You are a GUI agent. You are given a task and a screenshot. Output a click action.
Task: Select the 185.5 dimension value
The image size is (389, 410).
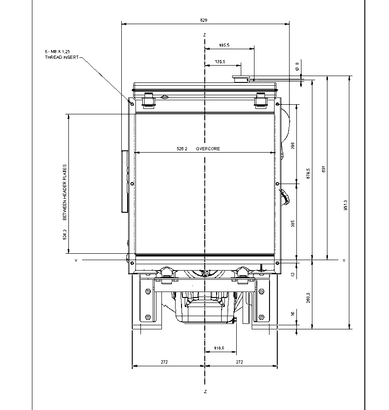coord(224,45)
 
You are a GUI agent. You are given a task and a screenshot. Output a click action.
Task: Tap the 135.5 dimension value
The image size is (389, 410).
coord(220,61)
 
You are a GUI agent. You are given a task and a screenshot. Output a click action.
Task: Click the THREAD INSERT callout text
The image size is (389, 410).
coord(62,57)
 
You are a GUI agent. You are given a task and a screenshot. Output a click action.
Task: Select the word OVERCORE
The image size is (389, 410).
coord(208,149)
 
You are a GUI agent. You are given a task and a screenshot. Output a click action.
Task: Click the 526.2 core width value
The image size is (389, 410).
coord(182,149)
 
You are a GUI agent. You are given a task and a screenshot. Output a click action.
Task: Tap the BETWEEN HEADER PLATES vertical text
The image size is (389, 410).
coord(65,192)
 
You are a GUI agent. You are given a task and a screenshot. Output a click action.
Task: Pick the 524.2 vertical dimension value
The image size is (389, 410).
coord(65,235)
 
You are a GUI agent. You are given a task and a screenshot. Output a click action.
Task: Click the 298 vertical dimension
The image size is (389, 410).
coord(293,146)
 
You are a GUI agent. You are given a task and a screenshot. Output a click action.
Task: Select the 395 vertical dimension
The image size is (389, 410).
coord(293,224)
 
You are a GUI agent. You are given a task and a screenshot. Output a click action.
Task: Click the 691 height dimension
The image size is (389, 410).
coord(324,169)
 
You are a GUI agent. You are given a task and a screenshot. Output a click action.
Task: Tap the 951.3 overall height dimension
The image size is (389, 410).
coord(346,205)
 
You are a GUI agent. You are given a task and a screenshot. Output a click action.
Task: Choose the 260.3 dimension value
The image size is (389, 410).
coord(308,298)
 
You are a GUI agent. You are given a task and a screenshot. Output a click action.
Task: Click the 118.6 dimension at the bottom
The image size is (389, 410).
coord(219,348)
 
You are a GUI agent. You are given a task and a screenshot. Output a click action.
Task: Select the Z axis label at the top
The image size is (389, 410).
coord(205,35)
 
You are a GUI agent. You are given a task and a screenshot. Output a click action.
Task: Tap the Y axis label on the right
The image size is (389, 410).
coord(344,261)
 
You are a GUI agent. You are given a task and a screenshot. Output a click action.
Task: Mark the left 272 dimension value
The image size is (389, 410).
coord(165,362)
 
